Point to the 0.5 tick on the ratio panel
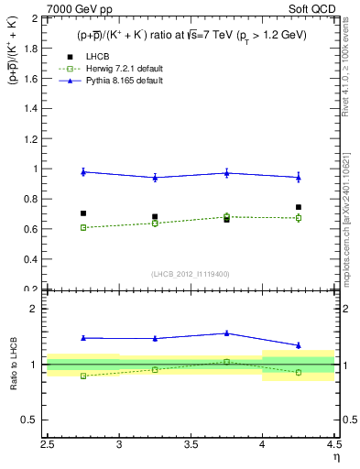click(x=29, y=420)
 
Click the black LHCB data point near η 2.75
click(x=83, y=213)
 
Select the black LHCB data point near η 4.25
click(x=298, y=207)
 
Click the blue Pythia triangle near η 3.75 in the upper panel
click(x=226, y=173)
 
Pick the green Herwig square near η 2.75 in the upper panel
click(x=83, y=227)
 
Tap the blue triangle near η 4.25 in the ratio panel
click(x=298, y=345)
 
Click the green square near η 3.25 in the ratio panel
click(x=155, y=369)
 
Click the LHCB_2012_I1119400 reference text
click(x=191, y=274)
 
